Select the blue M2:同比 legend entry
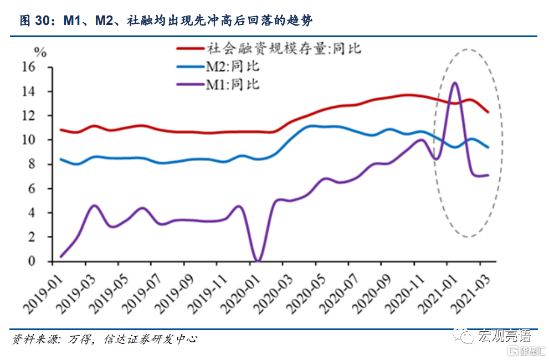tap(233, 66)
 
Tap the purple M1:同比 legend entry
tap(233, 85)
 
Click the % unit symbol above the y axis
tap(40, 53)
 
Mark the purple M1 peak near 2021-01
tap(455, 83)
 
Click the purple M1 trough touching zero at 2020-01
tap(258, 260)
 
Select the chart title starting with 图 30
tap(166, 21)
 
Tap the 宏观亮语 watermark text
tap(504, 336)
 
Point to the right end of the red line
tap(488, 112)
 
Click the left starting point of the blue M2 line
tap(60, 159)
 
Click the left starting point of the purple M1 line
tap(60, 256)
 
